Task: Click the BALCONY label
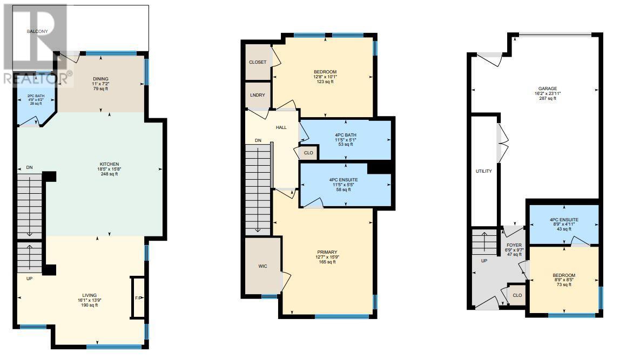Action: pyautogui.click(x=38, y=31)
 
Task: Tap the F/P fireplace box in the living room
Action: pyautogui.click(x=138, y=297)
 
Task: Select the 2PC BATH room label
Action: pyautogui.click(x=36, y=96)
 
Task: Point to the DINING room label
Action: pyautogui.click(x=100, y=79)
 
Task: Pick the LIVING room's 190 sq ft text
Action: pyautogui.click(x=90, y=305)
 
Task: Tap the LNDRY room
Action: pyautogui.click(x=258, y=95)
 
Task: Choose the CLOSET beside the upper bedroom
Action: pyautogui.click(x=258, y=62)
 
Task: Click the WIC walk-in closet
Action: pyautogui.click(x=263, y=266)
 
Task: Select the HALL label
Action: pyautogui.click(x=281, y=127)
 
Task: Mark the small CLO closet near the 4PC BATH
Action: pyautogui.click(x=308, y=153)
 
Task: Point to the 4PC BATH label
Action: pyautogui.click(x=346, y=135)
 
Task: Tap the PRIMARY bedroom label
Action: pyautogui.click(x=327, y=252)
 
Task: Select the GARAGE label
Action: pyautogui.click(x=548, y=89)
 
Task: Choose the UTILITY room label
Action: pyautogui.click(x=483, y=171)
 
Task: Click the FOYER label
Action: pyautogui.click(x=514, y=245)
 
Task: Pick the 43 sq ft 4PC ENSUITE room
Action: pyautogui.click(x=564, y=225)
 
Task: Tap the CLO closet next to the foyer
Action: pyautogui.click(x=517, y=295)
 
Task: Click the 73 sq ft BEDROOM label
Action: pyautogui.click(x=564, y=275)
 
